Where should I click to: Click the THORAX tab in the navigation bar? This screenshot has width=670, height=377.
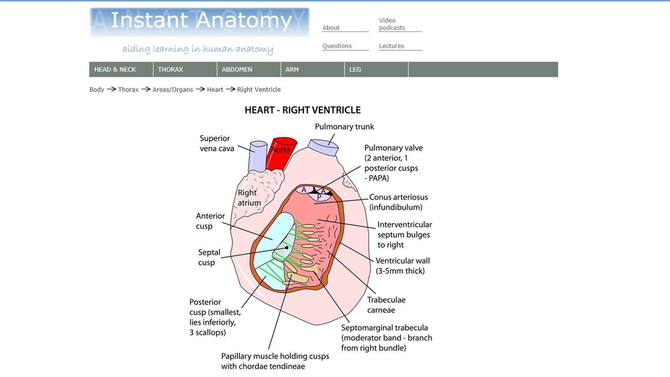point(170,69)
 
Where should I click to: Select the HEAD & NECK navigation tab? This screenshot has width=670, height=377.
point(115,69)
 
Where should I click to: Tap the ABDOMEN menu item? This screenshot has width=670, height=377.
point(237,69)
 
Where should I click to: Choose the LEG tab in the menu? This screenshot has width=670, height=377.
point(355,69)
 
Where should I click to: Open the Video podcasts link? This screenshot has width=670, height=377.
point(392,24)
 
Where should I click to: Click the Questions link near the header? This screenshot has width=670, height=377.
point(337,46)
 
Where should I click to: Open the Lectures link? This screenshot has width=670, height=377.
point(391,46)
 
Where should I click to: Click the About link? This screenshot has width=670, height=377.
point(331,28)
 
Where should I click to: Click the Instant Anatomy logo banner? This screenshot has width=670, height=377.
point(200,22)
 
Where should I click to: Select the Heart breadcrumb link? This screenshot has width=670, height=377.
point(215,89)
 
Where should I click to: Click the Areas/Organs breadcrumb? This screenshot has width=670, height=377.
point(173,89)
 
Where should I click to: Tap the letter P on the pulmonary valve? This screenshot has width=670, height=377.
point(319,197)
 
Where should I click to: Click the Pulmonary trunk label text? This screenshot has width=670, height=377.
point(344,127)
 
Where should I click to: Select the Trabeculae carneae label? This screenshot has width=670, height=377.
point(386,305)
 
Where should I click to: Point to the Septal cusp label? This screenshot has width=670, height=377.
point(209,257)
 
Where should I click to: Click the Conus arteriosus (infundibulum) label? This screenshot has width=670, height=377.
point(398,202)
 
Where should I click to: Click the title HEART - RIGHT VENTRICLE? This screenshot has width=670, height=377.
point(302,110)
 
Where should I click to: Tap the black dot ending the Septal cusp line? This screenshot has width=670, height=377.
point(287,248)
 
